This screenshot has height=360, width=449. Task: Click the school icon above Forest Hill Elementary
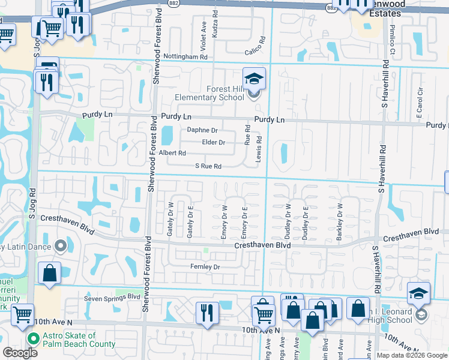pyautogui.click(x=254, y=79)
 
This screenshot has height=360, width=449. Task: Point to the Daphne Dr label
pyautogui.click(x=202, y=130)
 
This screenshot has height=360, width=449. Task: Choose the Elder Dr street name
pyautogui.click(x=213, y=143)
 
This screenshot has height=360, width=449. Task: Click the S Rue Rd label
pyautogui.click(x=208, y=166)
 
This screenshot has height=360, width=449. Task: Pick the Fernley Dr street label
pyautogui.click(x=205, y=266)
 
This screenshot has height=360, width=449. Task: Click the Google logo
pyautogui.click(x=20, y=353)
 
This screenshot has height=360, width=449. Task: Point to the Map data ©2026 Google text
pyautogui.click(x=411, y=355)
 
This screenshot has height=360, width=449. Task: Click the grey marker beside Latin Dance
pyautogui.click(x=60, y=246)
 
